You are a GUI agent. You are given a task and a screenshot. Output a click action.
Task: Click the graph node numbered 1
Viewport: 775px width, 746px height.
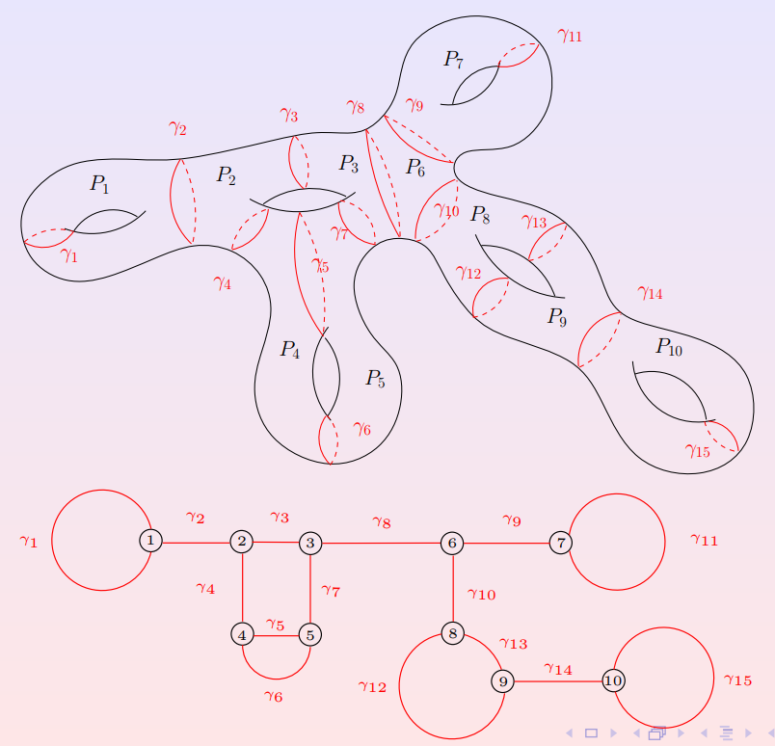pyautogui.click(x=150, y=541)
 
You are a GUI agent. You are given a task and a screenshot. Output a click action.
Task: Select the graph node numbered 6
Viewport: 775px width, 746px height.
pyautogui.click(x=452, y=543)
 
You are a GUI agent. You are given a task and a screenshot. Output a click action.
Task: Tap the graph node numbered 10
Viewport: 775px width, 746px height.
pyautogui.click(x=613, y=680)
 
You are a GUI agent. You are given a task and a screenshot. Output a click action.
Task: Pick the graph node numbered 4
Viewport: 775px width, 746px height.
pyautogui.click(x=242, y=634)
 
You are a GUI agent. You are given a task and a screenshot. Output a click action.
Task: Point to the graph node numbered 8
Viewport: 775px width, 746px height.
pyautogui.click(x=453, y=633)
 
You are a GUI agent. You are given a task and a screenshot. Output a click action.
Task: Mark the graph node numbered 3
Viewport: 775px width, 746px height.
pyautogui.click(x=309, y=543)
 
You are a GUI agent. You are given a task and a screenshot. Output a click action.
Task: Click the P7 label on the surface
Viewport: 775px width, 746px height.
pyautogui.click(x=453, y=60)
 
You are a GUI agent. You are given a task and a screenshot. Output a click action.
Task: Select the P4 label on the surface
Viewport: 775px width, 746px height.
pyautogui.click(x=290, y=350)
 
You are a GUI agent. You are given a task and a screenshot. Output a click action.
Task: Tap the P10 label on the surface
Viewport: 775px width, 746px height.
pyautogui.click(x=668, y=347)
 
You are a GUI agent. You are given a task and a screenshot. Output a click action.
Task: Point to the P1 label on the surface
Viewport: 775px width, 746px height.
pyautogui.click(x=100, y=183)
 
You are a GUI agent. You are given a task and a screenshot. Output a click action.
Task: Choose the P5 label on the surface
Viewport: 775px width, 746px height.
pyautogui.click(x=375, y=379)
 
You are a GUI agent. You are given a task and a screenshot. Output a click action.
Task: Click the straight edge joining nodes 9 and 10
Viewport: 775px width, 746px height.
pyautogui.click(x=557, y=680)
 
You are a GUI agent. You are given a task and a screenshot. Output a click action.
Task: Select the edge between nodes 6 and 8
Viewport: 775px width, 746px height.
pyautogui.click(x=453, y=588)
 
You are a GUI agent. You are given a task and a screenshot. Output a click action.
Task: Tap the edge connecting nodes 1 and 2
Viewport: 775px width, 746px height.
pyautogui.click(x=196, y=543)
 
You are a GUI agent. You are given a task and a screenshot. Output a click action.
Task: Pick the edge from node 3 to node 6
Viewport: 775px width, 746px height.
pyautogui.click(x=381, y=543)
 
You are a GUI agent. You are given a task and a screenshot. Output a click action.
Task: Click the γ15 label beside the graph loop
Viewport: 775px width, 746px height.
pyautogui.click(x=737, y=679)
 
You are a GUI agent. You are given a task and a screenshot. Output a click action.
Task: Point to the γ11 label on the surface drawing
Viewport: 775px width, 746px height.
pyautogui.click(x=570, y=37)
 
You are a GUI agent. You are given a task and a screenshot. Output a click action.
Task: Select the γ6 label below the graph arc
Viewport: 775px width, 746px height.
pyautogui.click(x=273, y=696)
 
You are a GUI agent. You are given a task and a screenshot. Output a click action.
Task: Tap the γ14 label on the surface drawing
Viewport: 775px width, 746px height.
pyautogui.click(x=651, y=293)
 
